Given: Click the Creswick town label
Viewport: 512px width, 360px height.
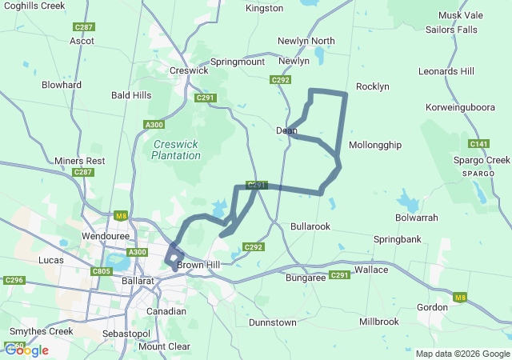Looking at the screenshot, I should (189, 70).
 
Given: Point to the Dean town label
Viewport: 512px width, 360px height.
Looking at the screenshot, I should (286, 130).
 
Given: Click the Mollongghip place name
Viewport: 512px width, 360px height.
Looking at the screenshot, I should (375, 145).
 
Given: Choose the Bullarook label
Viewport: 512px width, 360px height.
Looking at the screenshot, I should (310, 227).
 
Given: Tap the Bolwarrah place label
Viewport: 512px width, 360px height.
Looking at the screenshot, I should (417, 218).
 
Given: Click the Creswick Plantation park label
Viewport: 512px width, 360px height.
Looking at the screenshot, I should (176, 150).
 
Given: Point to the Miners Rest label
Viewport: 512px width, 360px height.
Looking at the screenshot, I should (80, 161).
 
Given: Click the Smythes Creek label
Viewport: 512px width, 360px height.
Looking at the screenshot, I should (41, 331).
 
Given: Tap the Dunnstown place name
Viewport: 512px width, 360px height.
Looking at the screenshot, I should (273, 322).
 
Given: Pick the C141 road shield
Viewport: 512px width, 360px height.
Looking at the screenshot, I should (479, 144).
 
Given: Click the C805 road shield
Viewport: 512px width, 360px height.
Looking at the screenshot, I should (102, 271).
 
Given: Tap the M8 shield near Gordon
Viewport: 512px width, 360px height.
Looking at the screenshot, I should (459, 298).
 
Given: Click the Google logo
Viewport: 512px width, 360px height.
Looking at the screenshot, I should (26, 350).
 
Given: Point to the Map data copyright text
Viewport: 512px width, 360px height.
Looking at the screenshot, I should (462, 354).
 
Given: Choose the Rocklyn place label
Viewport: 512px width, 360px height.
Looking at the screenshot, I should (372, 86).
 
